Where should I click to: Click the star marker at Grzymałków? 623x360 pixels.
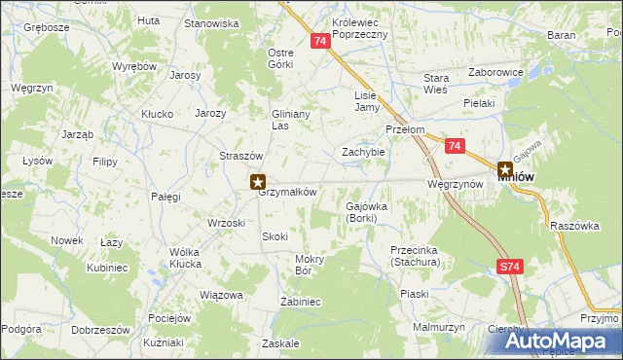[x=258, y=180]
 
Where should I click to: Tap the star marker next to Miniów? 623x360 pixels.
[x=505, y=169]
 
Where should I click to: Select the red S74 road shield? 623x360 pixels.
[x=509, y=265]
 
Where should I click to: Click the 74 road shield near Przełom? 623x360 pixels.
[x=455, y=146]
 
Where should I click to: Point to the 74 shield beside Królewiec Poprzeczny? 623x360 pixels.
[x=321, y=42]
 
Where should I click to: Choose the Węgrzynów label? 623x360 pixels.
[x=456, y=184]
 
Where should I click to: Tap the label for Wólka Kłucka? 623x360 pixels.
[x=171, y=258]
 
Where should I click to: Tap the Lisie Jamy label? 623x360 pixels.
[x=365, y=101]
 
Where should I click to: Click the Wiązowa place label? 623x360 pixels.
[x=219, y=294]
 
